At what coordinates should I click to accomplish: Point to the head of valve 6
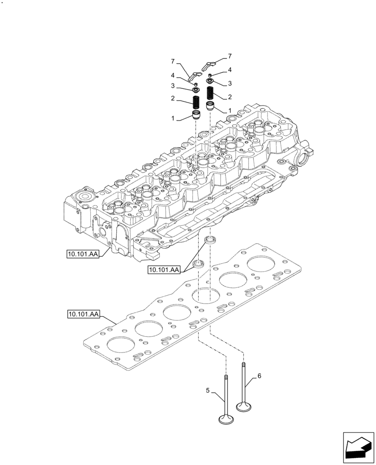244,407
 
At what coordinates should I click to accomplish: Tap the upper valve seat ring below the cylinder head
211,240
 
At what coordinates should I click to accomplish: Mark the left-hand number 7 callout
172,61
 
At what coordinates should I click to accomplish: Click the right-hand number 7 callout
229,56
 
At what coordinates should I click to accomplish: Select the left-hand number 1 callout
173,119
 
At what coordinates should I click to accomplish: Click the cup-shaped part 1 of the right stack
210,106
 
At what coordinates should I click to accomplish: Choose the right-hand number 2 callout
229,97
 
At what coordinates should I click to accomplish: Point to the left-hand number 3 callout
173,86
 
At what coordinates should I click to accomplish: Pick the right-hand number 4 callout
229,70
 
